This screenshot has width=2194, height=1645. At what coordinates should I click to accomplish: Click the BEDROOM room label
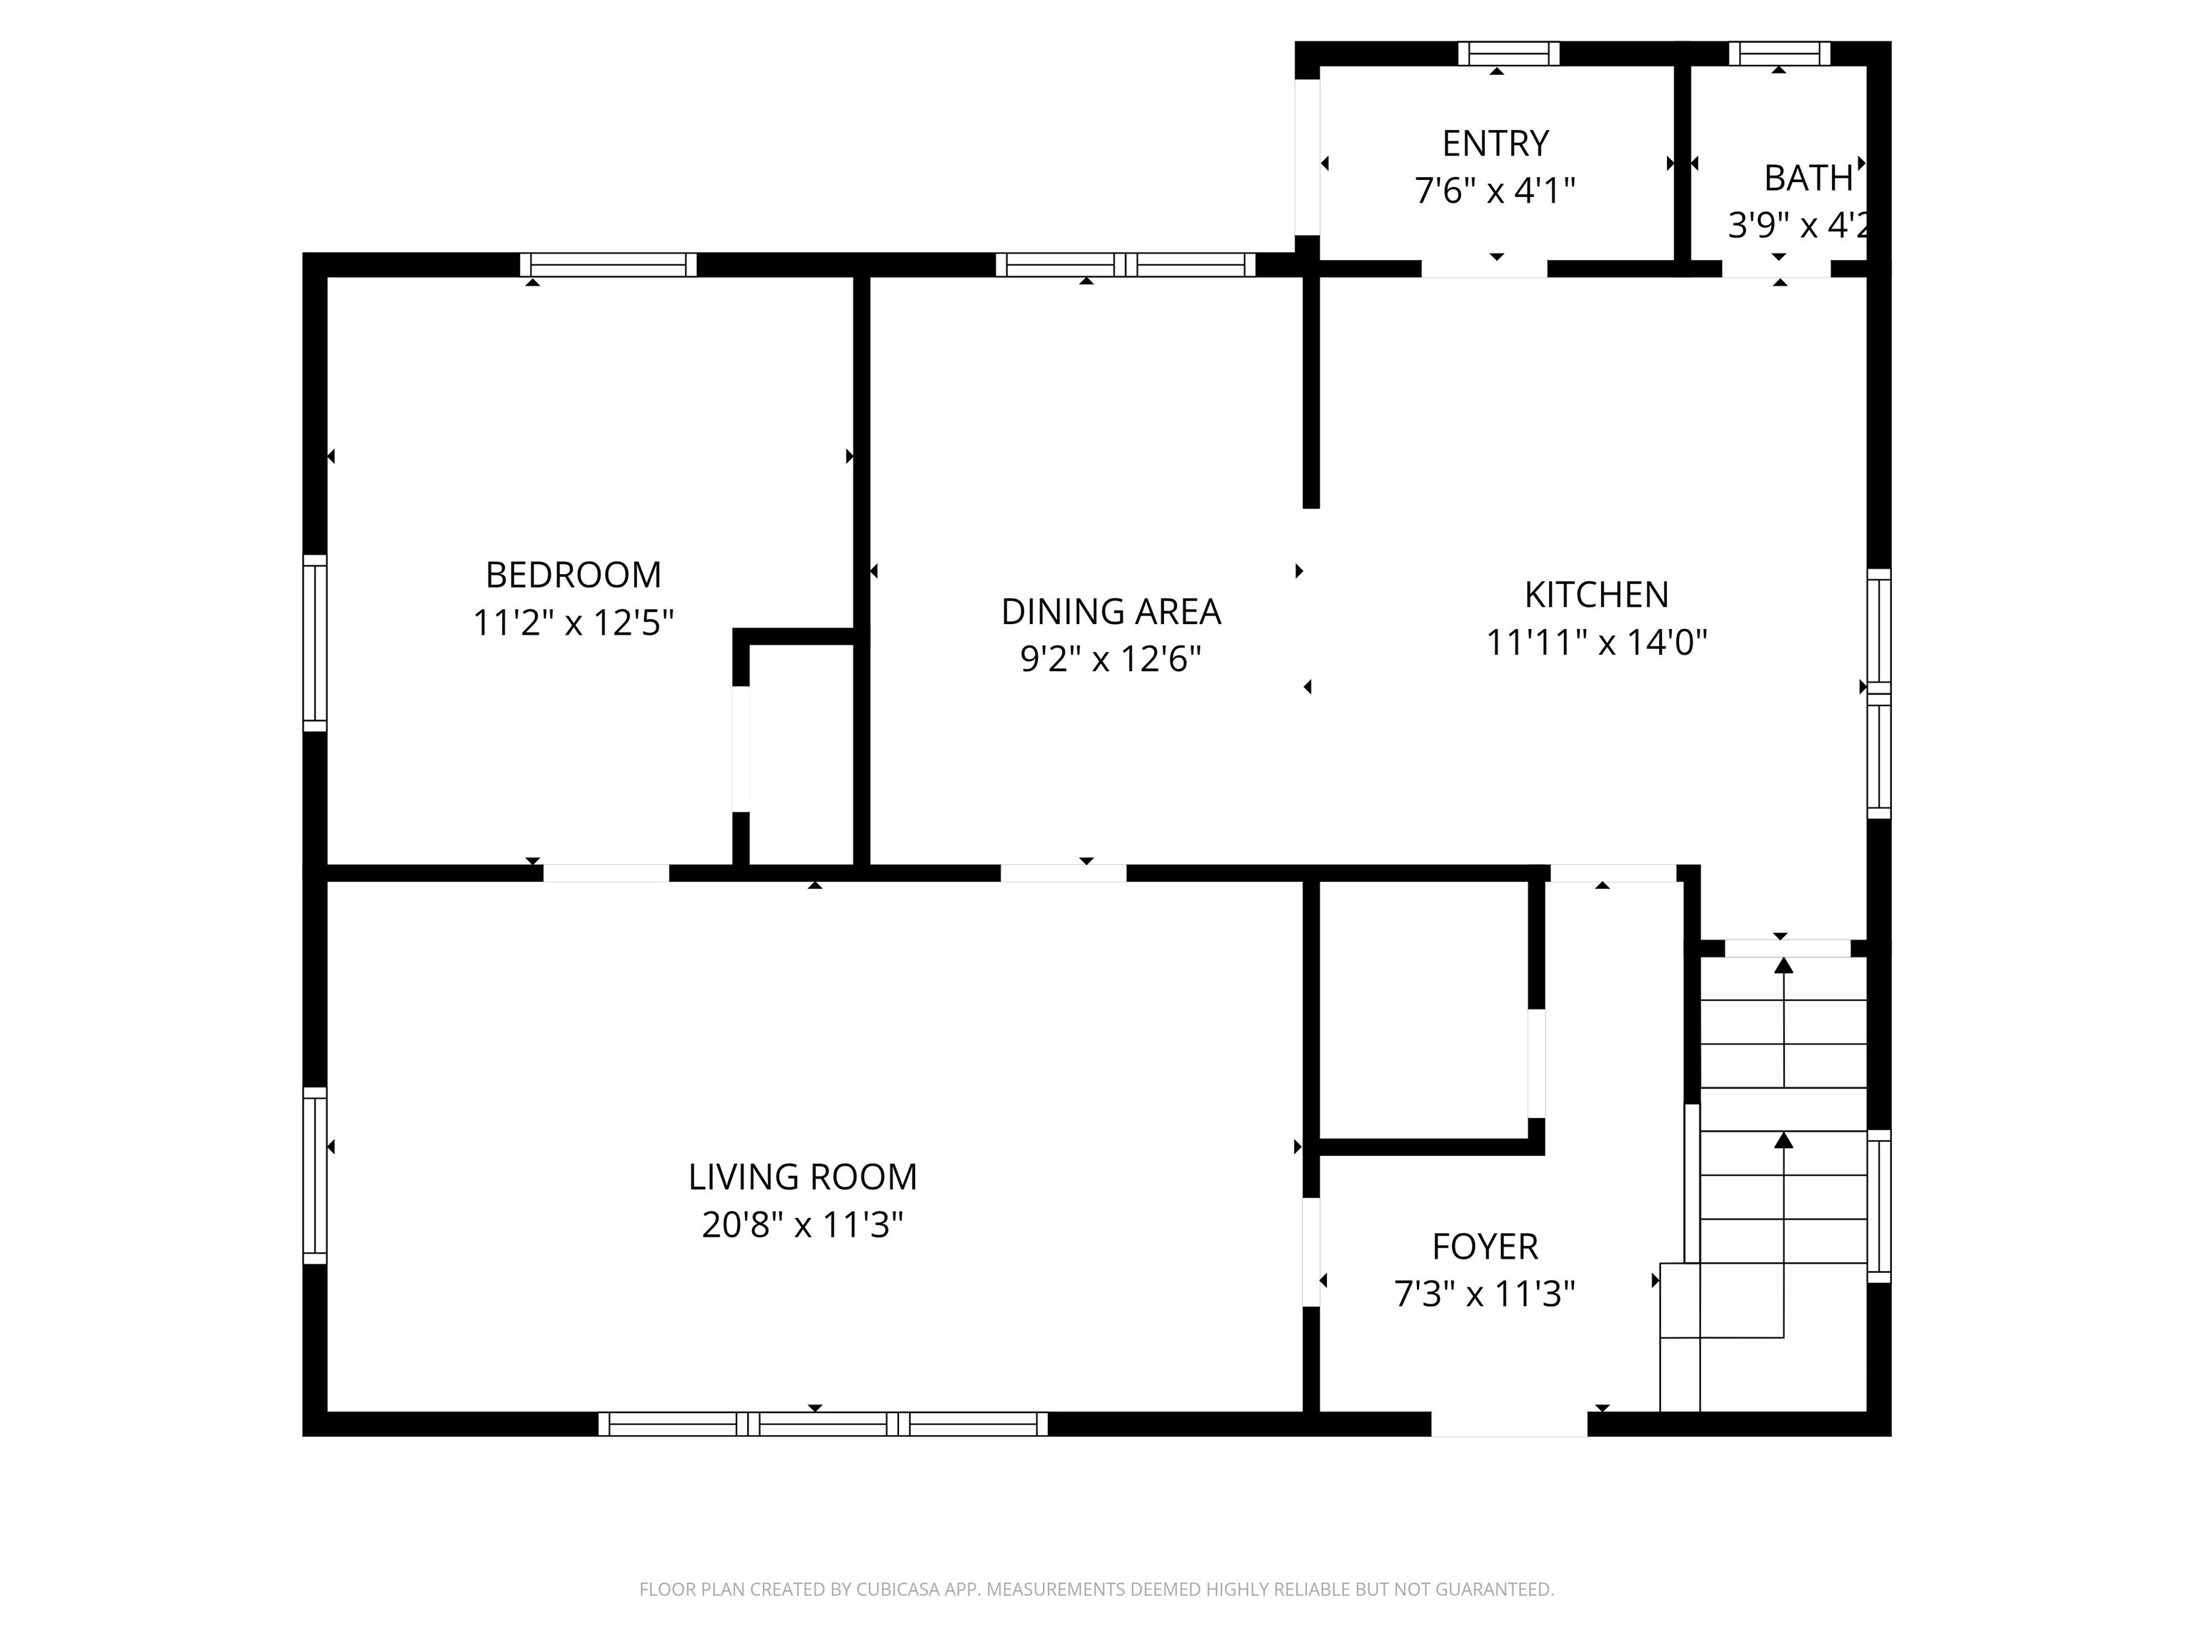click(573, 575)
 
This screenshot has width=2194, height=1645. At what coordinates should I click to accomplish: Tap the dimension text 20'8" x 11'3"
click(803, 1226)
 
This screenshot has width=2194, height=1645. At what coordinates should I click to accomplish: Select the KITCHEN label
click(1596, 595)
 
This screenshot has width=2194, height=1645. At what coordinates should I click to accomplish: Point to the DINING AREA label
click(1111, 612)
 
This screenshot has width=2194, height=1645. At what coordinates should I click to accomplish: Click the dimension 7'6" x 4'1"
click(1495, 191)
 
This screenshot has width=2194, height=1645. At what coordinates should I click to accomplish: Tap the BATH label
click(1807, 178)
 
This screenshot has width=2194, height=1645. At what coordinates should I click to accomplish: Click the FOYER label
click(1485, 1247)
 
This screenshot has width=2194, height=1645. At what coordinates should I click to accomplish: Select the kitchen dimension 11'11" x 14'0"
click(1596, 643)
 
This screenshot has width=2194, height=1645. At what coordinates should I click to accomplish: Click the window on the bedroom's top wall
click(608, 265)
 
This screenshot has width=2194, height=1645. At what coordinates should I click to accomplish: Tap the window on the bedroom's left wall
click(314, 643)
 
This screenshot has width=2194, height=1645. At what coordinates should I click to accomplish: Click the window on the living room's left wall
click(314, 1175)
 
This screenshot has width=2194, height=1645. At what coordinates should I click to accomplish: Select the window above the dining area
click(1125, 265)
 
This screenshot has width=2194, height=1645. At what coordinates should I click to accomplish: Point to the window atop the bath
click(1779, 54)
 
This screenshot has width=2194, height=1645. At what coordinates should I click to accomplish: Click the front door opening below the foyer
click(1508, 1424)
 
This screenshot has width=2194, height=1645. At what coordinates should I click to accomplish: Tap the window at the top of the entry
click(1508, 54)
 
